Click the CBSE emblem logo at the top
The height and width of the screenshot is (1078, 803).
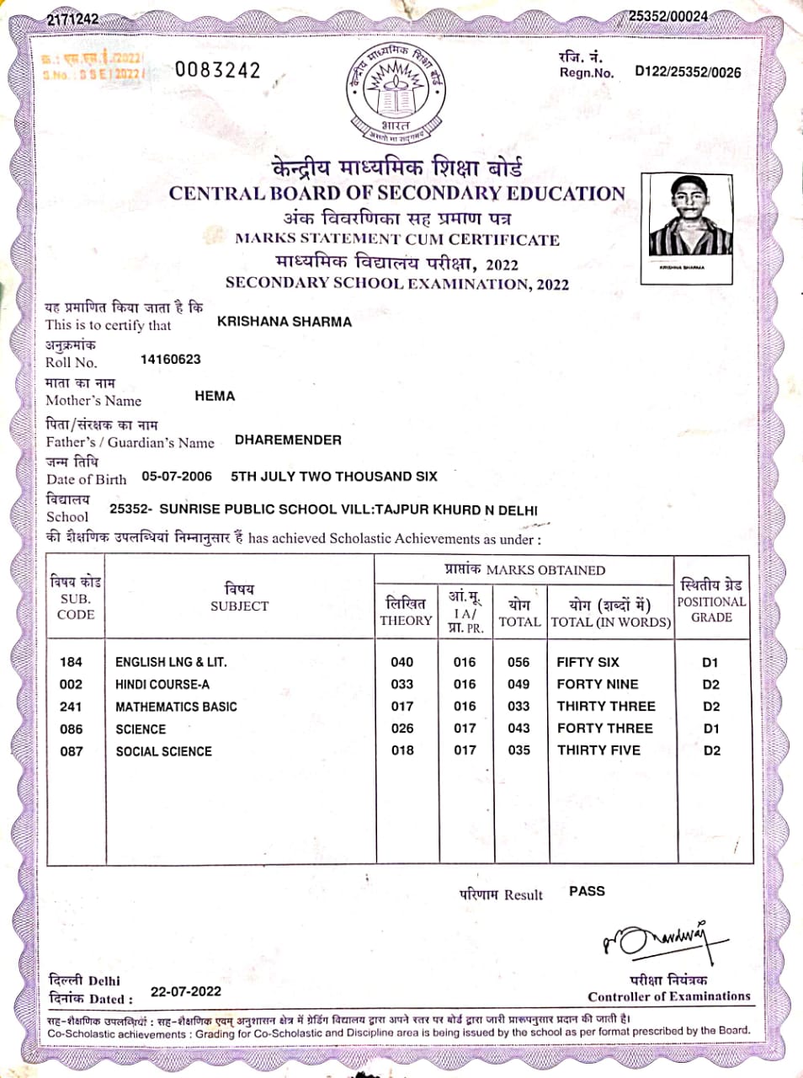(x=395, y=91)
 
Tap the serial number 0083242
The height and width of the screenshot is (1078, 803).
(x=218, y=70)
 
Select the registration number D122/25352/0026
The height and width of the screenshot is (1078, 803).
(x=688, y=72)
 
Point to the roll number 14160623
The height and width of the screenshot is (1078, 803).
(x=171, y=360)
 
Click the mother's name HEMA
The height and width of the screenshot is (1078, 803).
(x=215, y=396)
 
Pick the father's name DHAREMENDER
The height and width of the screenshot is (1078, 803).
(x=288, y=440)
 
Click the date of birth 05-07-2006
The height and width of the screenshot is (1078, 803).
(x=177, y=477)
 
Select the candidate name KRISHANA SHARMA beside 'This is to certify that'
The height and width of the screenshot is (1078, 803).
(x=285, y=322)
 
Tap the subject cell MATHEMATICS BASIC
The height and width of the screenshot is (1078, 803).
(x=176, y=707)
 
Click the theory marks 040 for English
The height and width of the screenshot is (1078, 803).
(x=402, y=662)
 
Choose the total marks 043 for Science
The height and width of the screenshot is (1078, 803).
(x=519, y=728)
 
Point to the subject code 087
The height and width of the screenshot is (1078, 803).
(x=72, y=750)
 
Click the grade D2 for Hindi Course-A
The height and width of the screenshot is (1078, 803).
(x=711, y=685)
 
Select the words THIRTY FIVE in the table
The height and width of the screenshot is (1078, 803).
(x=598, y=750)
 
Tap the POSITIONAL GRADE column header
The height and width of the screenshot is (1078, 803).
(x=711, y=601)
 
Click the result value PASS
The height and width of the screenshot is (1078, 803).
(x=587, y=891)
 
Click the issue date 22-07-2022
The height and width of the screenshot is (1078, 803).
(x=186, y=992)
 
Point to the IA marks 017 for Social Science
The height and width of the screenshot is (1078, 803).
(x=465, y=750)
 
